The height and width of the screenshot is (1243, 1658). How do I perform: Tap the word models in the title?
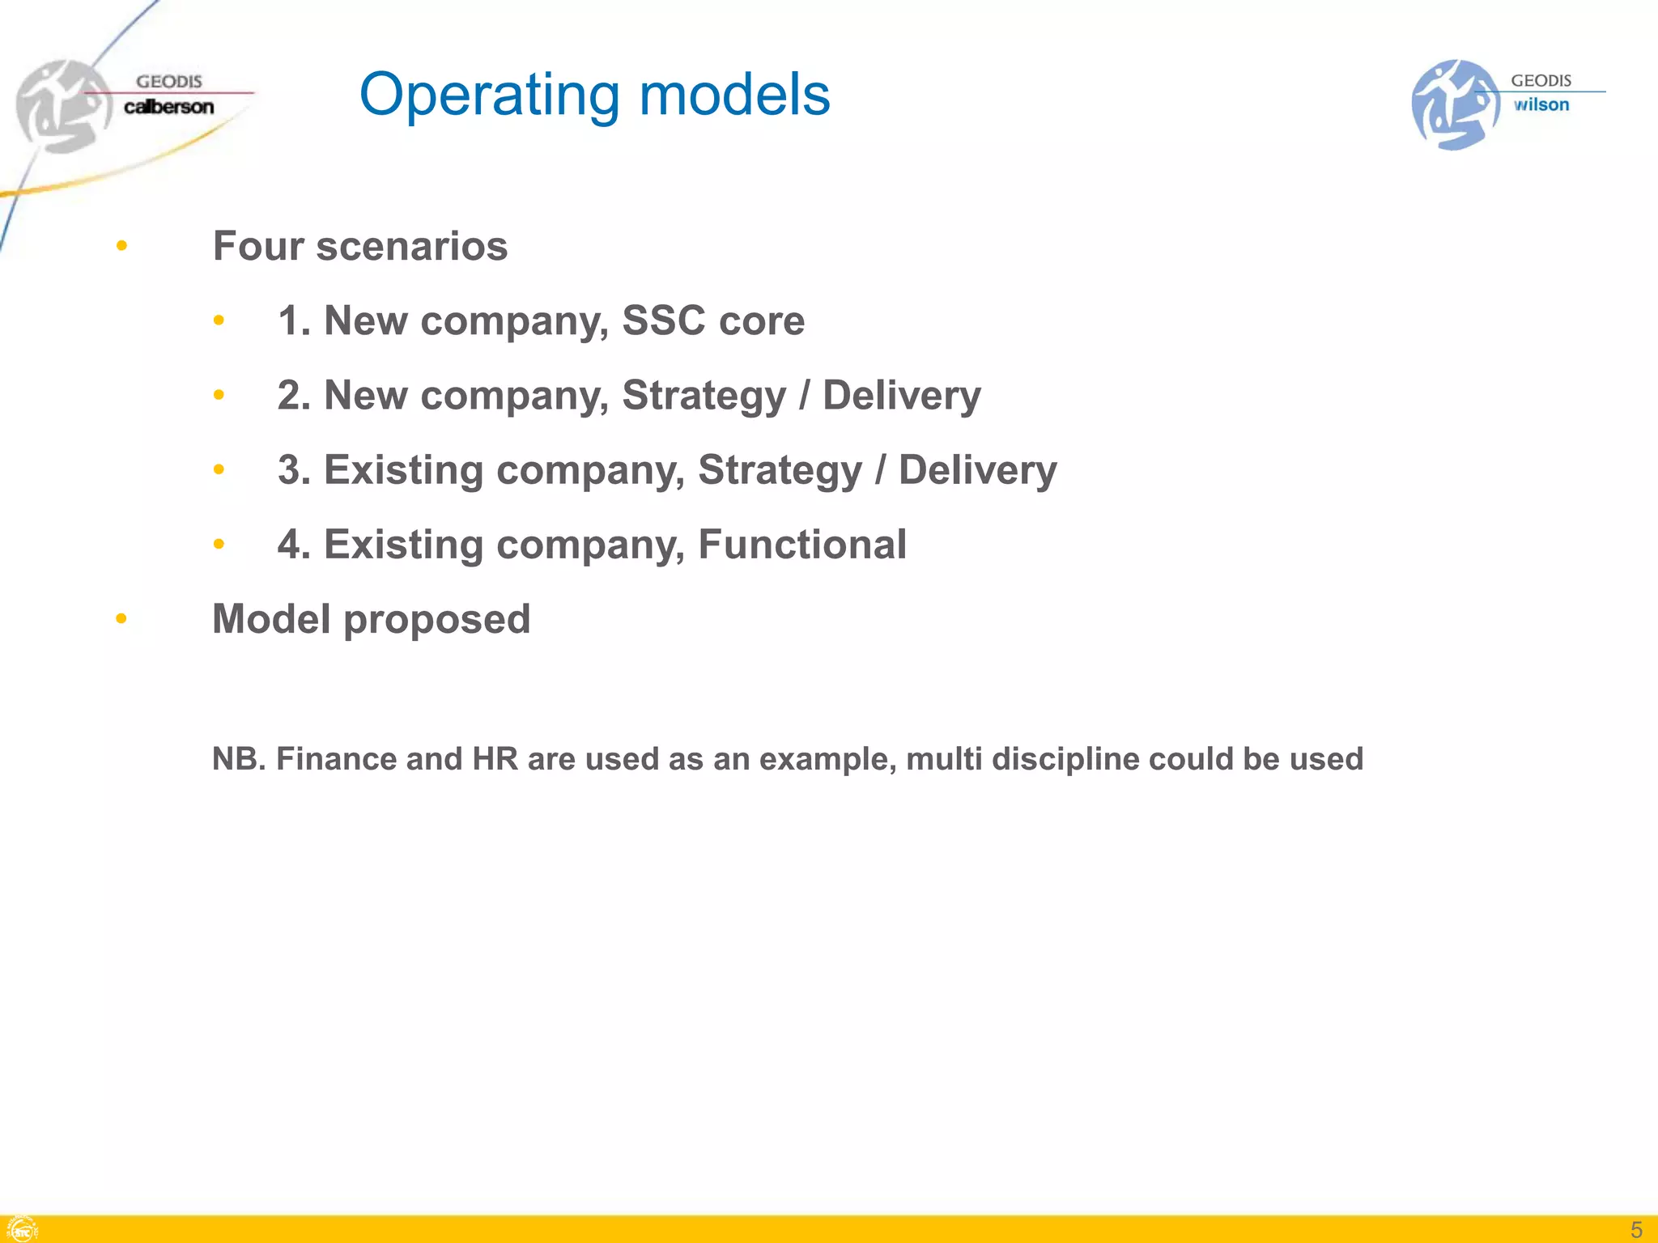[x=734, y=94]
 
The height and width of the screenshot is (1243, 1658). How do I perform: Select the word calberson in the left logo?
[x=168, y=107]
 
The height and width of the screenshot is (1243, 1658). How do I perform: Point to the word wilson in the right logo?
[x=1541, y=104]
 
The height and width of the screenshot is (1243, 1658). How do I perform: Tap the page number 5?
[x=1636, y=1229]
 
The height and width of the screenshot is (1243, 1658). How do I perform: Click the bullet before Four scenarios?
[x=121, y=245]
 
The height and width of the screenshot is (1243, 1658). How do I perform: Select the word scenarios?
[x=411, y=246]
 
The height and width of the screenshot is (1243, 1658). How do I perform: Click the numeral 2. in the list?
[x=294, y=395]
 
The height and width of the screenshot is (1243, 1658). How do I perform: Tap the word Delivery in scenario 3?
[x=977, y=469]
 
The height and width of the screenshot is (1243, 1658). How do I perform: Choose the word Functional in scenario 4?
[x=801, y=544]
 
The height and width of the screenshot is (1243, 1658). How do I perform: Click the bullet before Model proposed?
[x=121, y=619]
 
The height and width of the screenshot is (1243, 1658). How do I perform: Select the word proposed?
[x=436, y=620]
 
